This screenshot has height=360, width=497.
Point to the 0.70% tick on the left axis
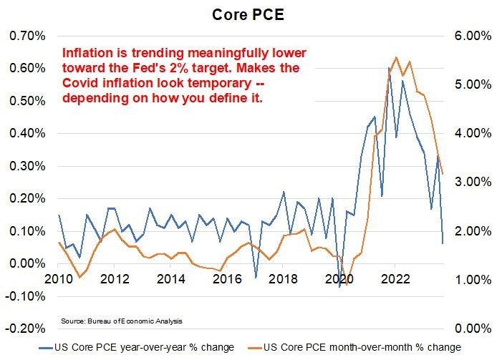25,36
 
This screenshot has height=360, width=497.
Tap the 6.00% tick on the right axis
466,36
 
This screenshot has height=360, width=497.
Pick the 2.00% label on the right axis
466,231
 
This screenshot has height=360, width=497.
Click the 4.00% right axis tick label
466,134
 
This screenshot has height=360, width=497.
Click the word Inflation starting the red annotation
85,53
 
